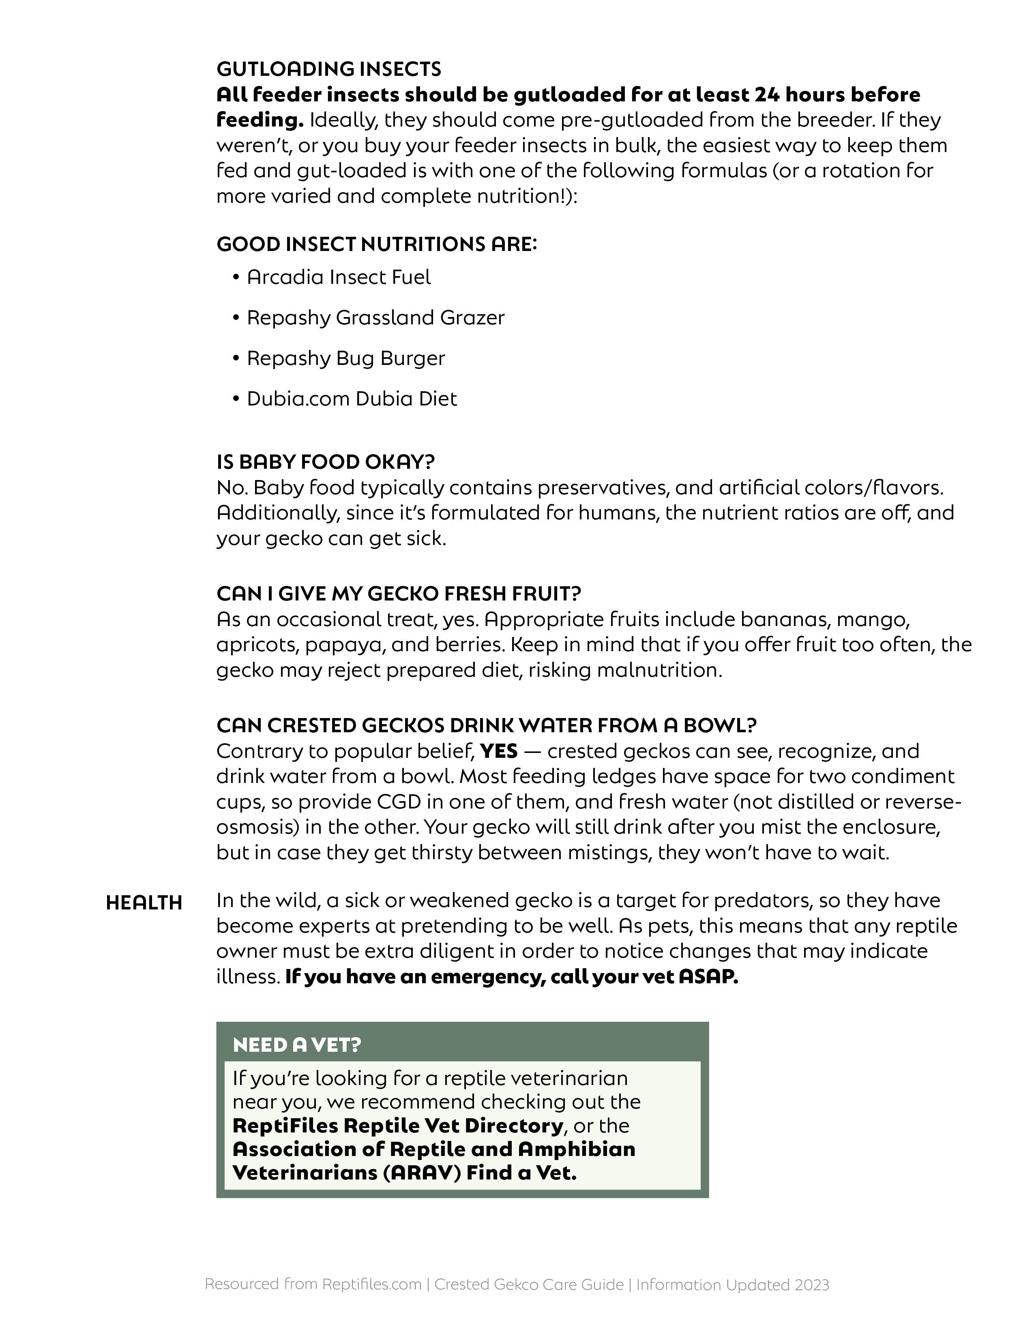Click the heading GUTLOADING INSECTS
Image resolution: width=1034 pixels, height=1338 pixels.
point(328,69)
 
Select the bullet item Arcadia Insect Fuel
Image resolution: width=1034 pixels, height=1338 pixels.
point(338,277)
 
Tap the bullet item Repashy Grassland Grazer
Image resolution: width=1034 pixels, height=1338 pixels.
point(375,318)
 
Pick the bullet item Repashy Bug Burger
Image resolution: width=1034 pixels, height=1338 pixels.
point(345,358)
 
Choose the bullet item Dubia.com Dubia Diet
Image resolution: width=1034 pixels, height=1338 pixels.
point(352,399)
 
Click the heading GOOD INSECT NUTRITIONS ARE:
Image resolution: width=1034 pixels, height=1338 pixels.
point(376,244)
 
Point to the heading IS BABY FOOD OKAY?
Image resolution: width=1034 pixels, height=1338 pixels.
point(325,461)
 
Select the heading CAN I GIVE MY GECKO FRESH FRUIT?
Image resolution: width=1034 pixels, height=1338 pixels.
point(398,593)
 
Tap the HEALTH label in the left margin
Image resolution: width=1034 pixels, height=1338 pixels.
point(144,903)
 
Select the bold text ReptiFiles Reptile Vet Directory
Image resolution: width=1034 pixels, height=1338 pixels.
point(397,1126)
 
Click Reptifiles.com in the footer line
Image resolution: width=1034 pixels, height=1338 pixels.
point(372,1285)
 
